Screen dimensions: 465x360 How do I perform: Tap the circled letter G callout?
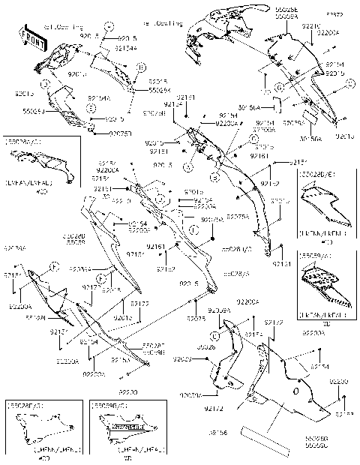tap(278, 88)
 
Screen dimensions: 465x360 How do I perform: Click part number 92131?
tap(282, 265)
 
